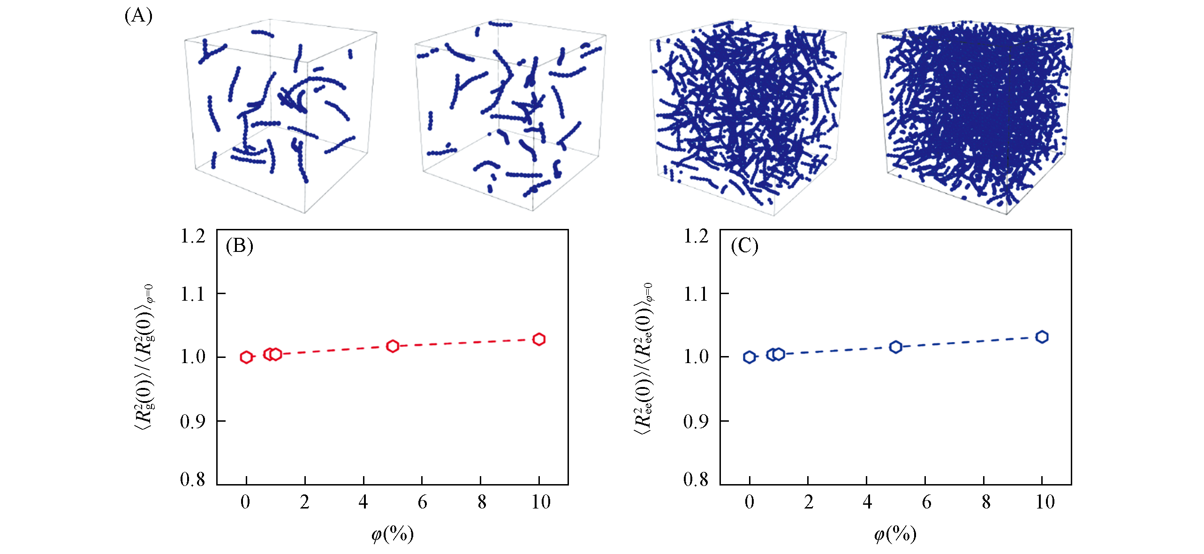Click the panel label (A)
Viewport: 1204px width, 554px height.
(x=138, y=16)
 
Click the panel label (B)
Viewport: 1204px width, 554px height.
(x=239, y=246)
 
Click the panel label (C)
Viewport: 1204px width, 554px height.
(x=744, y=246)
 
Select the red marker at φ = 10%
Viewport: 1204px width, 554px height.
(x=539, y=339)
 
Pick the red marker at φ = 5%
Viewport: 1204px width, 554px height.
(x=393, y=346)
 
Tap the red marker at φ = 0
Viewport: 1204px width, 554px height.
(x=246, y=357)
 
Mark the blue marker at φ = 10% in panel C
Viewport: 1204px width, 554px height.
(x=1042, y=337)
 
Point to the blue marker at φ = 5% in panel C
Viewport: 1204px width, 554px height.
(x=896, y=347)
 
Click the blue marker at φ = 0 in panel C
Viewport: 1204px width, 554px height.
(x=750, y=357)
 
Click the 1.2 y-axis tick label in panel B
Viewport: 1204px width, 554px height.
(x=193, y=236)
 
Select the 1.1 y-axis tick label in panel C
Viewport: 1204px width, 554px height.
(x=696, y=295)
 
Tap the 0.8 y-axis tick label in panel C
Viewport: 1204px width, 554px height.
(x=696, y=479)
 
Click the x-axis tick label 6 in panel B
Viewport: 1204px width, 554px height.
(x=422, y=502)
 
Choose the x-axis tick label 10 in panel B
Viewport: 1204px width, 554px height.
(x=540, y=502)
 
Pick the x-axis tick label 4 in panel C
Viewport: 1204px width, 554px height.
(x=867, y=502)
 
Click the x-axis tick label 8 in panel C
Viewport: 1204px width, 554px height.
(x=986, y=502)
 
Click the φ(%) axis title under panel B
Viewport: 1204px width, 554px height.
(x=393, y=534)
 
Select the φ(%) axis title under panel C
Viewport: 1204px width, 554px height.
(x=895, y=534)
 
